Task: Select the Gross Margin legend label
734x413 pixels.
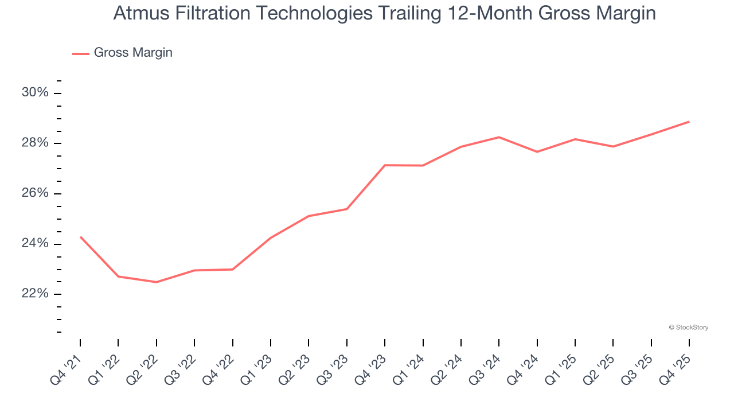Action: pyautogui.click(x=133, y=53)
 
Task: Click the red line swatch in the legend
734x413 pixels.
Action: pyautogui.click(x=80, y=53)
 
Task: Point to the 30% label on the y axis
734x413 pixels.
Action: pyautogui.click(x=35, y=93)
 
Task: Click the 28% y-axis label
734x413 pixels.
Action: pyautogui.click(x=35, y=143)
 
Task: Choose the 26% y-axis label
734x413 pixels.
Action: pyautogui.click(x=35, y=193)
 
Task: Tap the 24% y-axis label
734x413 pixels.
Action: pyautogui.click(x=35, y=244)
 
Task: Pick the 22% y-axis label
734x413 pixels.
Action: pyautogui.click(x=35, y=294)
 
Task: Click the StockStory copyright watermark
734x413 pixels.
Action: pyautogui.click(x=689, y=328)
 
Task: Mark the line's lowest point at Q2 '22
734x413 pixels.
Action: pyautogui.click(x=156, y=282)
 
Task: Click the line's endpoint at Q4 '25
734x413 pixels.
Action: pyautogui.click(x=689, y=122)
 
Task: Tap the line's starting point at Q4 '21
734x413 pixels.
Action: pyautogui.click(x=80, y=236)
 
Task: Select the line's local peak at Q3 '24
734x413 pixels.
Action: pyautogui.click(x=499, y=137)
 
